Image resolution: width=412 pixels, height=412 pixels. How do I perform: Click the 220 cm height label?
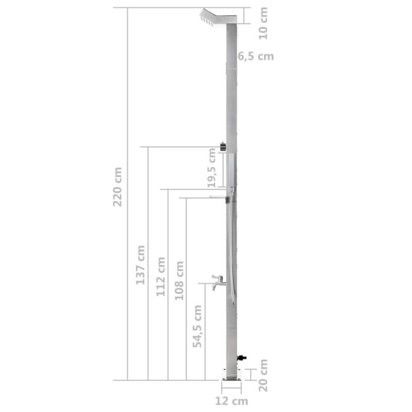(118, 187)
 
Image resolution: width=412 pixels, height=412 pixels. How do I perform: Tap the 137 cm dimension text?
(140, 265)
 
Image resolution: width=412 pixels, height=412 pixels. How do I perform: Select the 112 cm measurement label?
(161, 277)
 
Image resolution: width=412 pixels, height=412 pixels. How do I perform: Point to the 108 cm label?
(180, 281)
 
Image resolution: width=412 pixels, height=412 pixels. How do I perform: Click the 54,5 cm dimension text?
(198, 325)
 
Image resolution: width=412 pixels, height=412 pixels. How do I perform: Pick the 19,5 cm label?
(212, 168)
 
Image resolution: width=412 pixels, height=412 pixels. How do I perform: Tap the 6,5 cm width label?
(256, 57)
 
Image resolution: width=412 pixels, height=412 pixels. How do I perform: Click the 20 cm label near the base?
(263, 375)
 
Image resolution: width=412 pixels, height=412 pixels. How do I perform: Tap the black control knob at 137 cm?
(223, 147)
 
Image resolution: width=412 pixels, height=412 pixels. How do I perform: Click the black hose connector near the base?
(241, 357)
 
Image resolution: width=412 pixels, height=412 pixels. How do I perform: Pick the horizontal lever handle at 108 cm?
(219, 198)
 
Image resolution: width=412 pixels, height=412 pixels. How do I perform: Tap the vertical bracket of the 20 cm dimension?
(251, 374)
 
